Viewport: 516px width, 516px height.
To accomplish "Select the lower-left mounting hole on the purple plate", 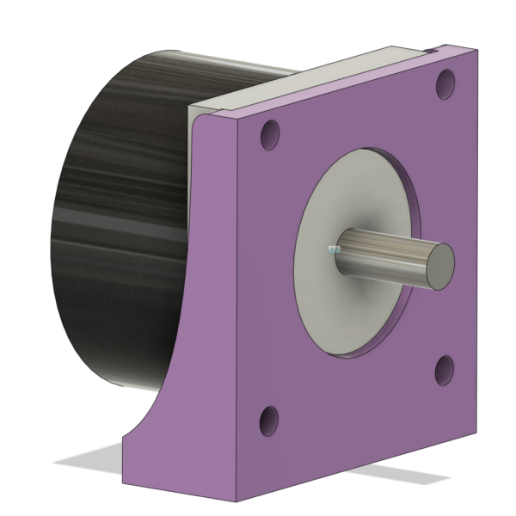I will pos(268,421).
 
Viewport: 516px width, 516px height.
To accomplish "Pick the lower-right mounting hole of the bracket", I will pos(445,370).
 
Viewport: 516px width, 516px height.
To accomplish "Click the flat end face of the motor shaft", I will pos(440,263).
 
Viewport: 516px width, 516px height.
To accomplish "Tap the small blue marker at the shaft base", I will pos(334,249).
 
